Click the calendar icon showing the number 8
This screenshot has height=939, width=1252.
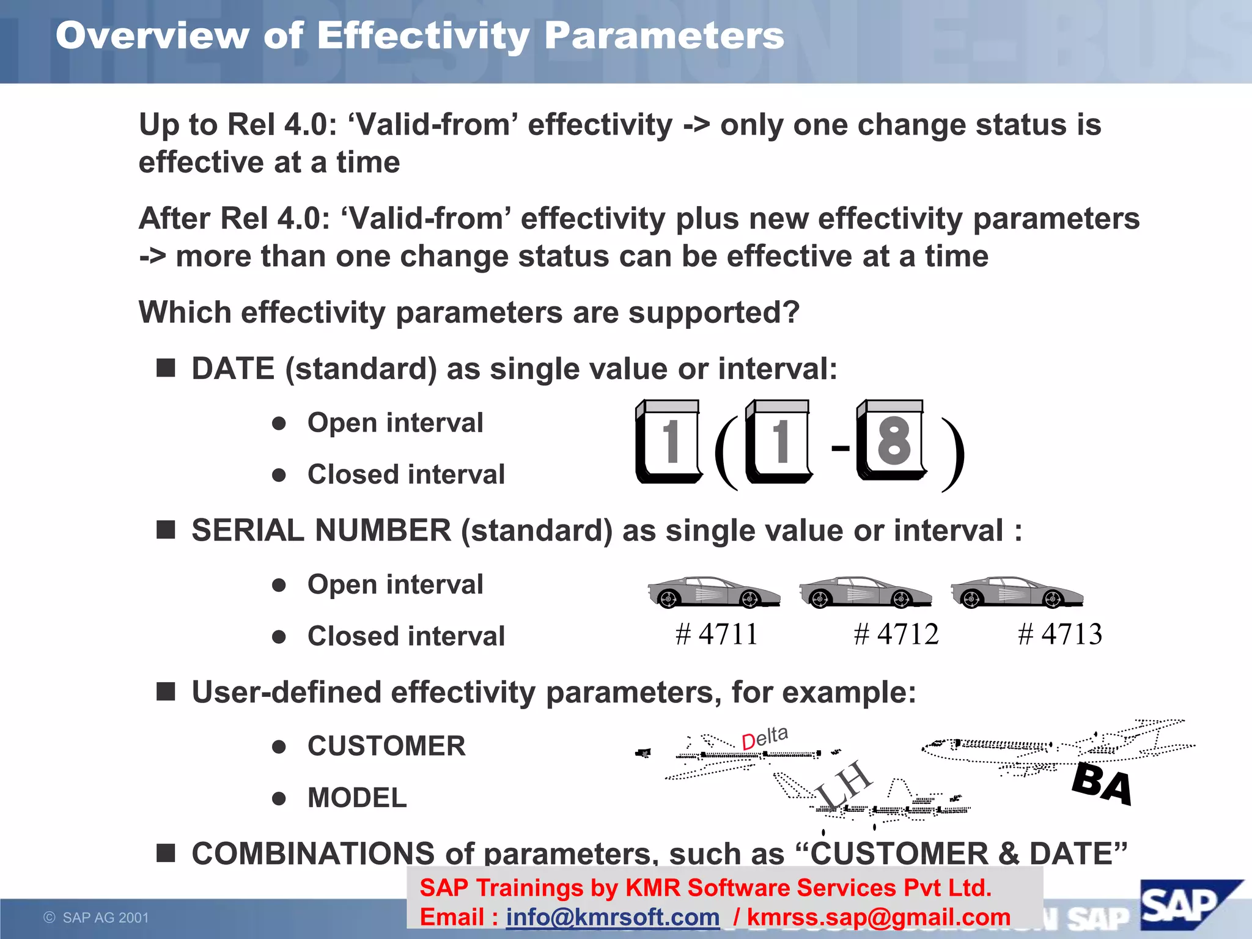892,440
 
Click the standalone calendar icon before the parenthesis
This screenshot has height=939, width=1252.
669,441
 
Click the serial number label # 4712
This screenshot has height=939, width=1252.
896,634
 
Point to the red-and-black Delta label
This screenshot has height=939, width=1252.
764,738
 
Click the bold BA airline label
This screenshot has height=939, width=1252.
1102,784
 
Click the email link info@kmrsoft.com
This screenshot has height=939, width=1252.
613,917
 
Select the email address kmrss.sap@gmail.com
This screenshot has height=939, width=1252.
878,917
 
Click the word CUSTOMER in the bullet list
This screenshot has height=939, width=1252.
386,746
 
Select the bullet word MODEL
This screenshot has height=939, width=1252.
357,798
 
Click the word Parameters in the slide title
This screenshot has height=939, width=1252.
664,35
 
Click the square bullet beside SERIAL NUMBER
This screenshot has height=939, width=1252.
166,529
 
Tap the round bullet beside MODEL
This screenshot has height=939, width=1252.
279,798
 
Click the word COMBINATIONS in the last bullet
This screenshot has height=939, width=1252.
312,853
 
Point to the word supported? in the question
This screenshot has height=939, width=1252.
713,312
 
